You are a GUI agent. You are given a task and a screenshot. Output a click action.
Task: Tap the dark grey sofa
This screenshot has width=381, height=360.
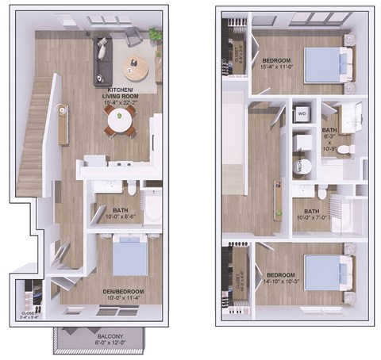pyautogui.click(x=102, y=59)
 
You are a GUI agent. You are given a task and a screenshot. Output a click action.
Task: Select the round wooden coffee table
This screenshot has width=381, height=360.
pyautogui.click(x=137, y=69)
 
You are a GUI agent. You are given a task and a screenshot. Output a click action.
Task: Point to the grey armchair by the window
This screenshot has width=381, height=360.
pyautogui.click(x=134, y=35)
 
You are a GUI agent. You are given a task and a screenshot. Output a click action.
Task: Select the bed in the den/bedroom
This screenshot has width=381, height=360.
pyautogui.click(x=127, y=258)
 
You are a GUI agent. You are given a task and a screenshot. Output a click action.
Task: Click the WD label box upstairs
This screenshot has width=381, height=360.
pyautogui.click(x=302, y=113)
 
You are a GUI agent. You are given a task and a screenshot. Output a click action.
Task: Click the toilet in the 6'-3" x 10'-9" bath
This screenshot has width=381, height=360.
pyautogui.click(x=344, y=148)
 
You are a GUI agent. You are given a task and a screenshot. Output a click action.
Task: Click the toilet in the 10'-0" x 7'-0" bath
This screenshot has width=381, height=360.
pyautogui.click(x=322, y=193)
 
